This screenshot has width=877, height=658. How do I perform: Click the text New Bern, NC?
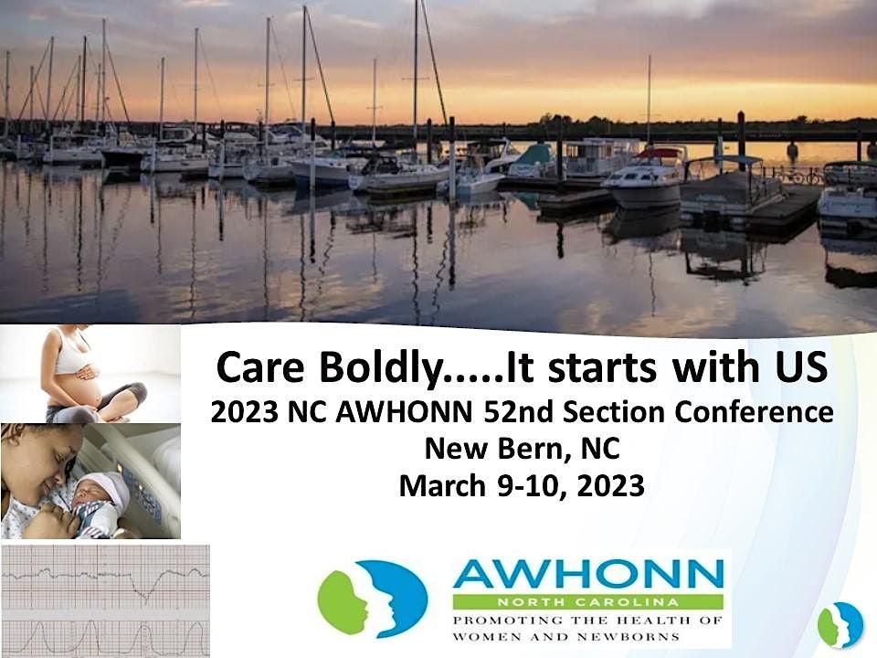point(522,449)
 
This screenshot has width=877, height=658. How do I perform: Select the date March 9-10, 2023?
point(522,486)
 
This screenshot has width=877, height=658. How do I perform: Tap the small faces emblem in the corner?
point(840,625)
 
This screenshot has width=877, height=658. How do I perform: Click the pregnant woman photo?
point(90,374)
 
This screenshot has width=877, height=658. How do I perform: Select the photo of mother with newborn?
point(90,481)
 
